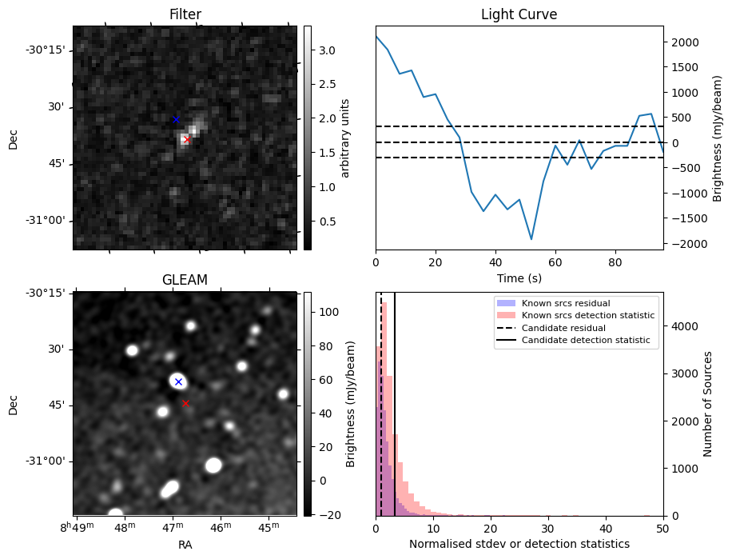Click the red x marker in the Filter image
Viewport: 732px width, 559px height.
(186, 140)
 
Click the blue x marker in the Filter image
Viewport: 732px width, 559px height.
(176, 120)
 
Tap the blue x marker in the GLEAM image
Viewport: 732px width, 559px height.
(178, 381)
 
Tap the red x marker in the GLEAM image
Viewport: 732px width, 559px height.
(186, 404)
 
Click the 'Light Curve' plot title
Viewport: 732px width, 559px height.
(519, 14)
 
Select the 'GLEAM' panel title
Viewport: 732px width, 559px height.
(185, 280)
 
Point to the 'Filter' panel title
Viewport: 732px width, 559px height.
(185, 14)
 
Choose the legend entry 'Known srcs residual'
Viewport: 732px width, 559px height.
(565, 303)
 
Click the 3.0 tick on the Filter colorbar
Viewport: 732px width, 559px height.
(327, 50)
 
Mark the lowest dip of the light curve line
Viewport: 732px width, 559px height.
(531, 239)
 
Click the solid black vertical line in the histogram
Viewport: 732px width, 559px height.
(395, 416)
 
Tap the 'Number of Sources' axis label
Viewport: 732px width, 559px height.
(707, 404)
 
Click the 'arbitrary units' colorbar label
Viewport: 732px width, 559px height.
(345, 138)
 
